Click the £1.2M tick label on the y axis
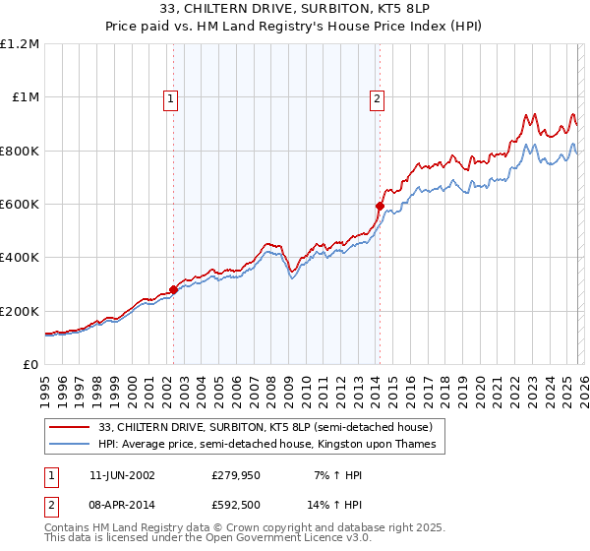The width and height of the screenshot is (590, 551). (20, 43)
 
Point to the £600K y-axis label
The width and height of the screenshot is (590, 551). (20, 204)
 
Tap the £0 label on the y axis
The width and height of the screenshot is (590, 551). (30, 364)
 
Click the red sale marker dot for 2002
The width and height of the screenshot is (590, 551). (174, 289)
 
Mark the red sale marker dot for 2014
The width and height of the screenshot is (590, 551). (379, 206)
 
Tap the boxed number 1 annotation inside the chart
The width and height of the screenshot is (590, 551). (171, 97)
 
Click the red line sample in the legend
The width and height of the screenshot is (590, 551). (71, 428)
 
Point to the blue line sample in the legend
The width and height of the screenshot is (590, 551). (71, 445)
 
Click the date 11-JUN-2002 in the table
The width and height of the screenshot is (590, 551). (122, 474)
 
